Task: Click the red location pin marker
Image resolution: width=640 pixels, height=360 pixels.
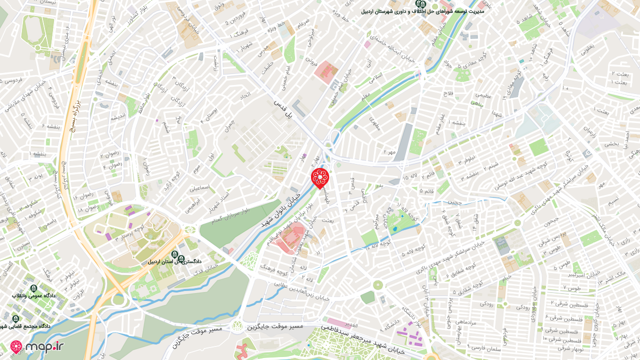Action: click(x=319, y=177)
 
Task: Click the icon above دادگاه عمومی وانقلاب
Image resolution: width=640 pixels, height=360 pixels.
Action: click(x=33, y=288)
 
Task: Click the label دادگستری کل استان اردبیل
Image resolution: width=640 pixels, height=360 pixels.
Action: click(x=174, y=261)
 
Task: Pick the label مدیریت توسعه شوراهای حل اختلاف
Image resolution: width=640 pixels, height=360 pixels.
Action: click(x=422, y=11)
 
